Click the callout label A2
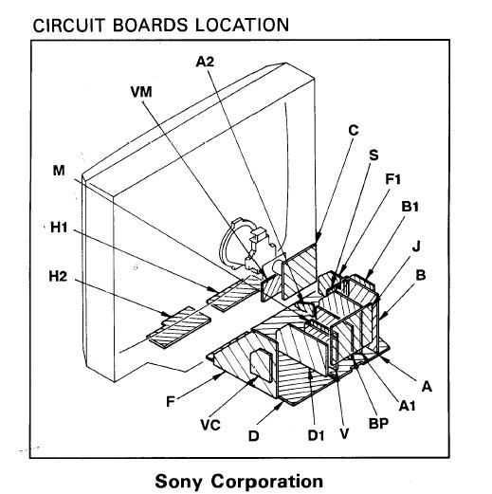pyautogui.click(x=205, y=62)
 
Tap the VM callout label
pyautogui.click(x=141, y=92)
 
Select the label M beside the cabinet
pyautogui.click(x=59, y=171)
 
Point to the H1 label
pyautogui.click(x=59, y=228)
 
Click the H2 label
pyautogui.click(x=58, y=276)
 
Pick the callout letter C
pyautogui.click(x=354, y=130)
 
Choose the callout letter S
pyautogui.click(x=374, y=156)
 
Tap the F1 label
pyautogui.click(x=392, y=179)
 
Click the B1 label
pyautogui.click(x=410, y=207)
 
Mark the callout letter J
pyautogui.click(x=416, y=246)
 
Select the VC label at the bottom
pyautogui.click(x=210, y=425)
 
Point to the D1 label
pyautogui.click(x=316, y=435)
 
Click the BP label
pyautogui.click(x=378, y=423)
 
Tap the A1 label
pyautogui.click(x=408, y=406)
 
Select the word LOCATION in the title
pyautogui.click(x=242, y=25)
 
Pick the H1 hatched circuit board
pyautogui.click(x=235, y=293)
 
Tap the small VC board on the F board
pyautogui.click(x=261, y=365)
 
